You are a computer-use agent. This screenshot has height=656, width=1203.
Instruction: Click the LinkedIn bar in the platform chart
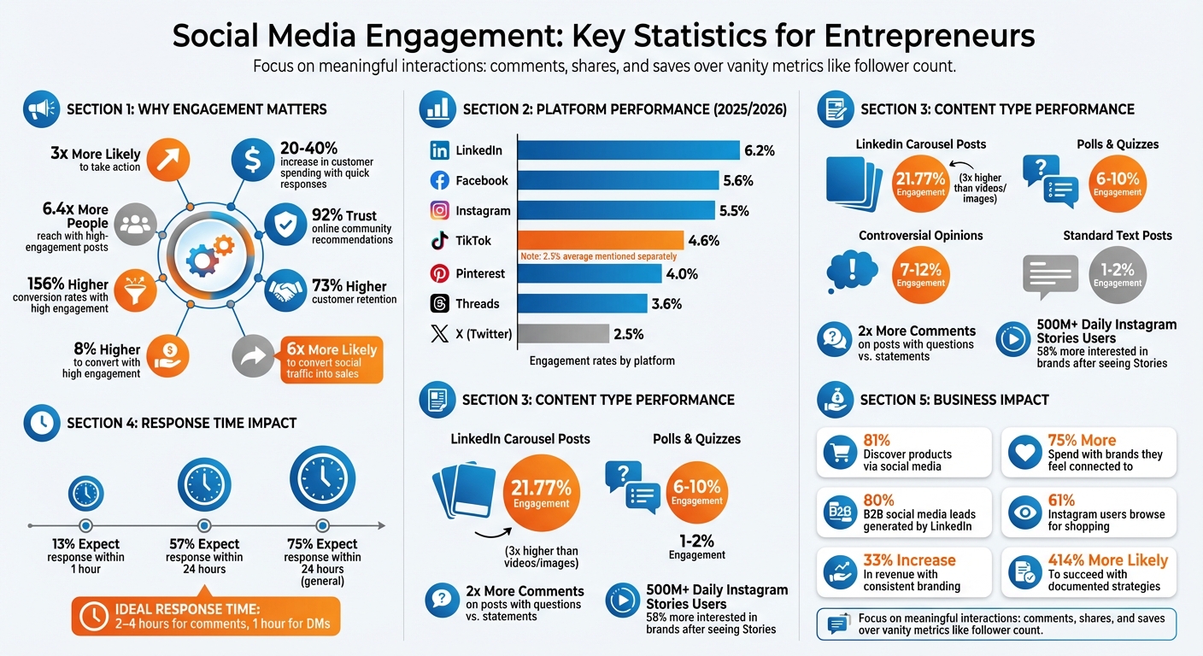[x=628, y=150]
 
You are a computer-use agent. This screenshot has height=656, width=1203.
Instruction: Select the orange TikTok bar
[x=601, y=240]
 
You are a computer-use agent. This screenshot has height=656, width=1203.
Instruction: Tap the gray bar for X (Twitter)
[x=563, y=333]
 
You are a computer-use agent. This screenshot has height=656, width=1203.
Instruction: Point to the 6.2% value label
[x=759, y=151]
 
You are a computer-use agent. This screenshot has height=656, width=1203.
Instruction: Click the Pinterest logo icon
[x=439, y=274]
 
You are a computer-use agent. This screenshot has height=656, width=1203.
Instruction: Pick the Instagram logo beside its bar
[x=439, y=210]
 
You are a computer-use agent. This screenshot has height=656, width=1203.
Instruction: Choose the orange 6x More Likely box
[x=330, y=360]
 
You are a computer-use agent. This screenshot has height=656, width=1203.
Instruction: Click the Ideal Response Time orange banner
[x=204, y=615]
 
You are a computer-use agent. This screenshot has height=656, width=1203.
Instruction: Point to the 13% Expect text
[x=85, y=544]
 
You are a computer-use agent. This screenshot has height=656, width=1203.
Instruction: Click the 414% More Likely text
[x=1107, y=560]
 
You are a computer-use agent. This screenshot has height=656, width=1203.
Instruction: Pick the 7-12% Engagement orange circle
[x=920, y=275]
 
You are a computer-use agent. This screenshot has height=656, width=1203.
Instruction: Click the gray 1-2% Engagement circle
[x=1118, y=275]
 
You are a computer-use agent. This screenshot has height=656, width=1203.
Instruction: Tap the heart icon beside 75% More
[x=1024, y=453]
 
